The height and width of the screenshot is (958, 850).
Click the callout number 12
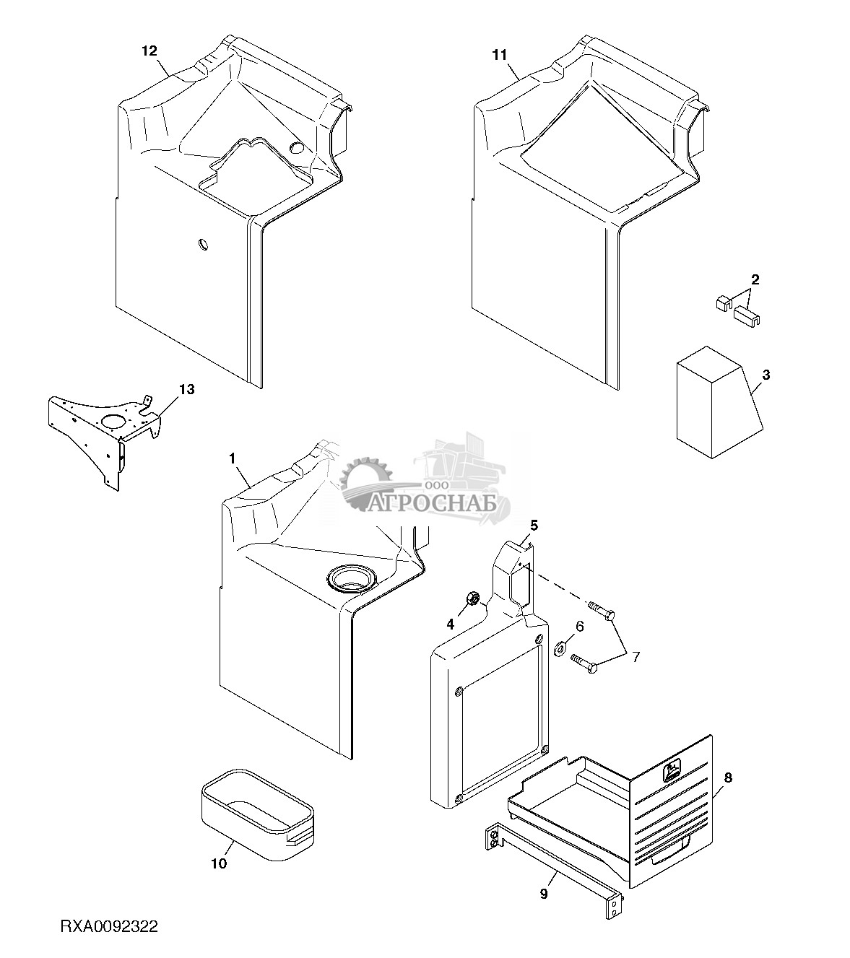tap(149, 51)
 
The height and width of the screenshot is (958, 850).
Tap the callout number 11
tap(500, 56)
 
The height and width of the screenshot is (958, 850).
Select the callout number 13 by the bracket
tap(187, 389)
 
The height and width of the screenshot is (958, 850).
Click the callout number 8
tap(728, 778)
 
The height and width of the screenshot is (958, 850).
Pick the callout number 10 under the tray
tap(219, 863)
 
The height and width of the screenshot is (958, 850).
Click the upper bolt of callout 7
tap(602, 609)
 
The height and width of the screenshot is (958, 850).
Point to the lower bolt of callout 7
tap(585, 662)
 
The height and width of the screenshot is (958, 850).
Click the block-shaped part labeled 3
tap(719, 402)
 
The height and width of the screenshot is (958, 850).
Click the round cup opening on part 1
tap(351, 578)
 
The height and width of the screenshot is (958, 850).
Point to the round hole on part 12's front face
tap(204, 245)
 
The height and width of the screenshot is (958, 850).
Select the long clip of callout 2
tap(747, 315)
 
